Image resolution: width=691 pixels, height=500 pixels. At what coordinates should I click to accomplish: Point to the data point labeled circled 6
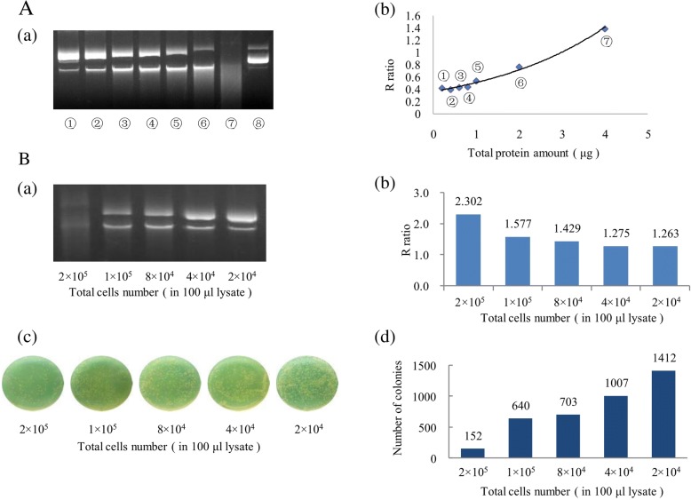tap(519, 67)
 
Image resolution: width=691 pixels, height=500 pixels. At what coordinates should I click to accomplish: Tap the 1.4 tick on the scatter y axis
tap(414, 28)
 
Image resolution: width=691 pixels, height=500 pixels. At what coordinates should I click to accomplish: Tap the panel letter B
tap(12, 162)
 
